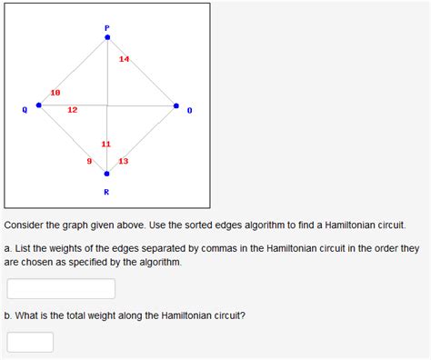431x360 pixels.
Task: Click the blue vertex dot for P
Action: coord(107,37)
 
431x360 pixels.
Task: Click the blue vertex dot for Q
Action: coord(38,105)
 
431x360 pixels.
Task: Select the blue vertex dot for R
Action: coord(107,174)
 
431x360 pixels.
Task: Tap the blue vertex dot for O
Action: coord(176,105)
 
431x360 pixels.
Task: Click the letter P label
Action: coord(107,28)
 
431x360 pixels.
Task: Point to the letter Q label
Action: coord(25,110)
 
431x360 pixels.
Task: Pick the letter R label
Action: coord(107,192)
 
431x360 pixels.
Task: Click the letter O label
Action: coord(189,110)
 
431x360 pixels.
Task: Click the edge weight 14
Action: coord(125,60)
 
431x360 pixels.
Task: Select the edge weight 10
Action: coord(55,93)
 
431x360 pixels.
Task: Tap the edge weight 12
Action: coord(73,110)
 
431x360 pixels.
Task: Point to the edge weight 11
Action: coord(106,145)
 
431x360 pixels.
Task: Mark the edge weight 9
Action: coord(89,161)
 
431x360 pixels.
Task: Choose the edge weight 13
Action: coord(124,161)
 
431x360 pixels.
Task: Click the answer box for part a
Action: coord(61,288)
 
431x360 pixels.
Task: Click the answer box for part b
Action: coord(30,342)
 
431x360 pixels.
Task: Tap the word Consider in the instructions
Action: coord(24,224)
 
